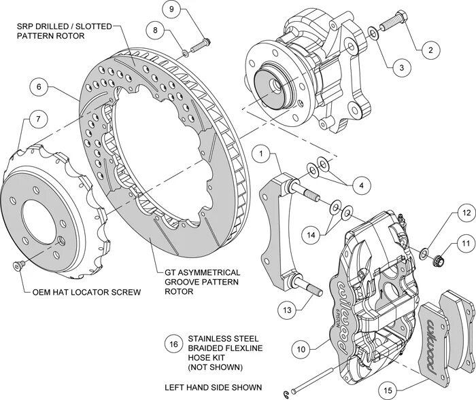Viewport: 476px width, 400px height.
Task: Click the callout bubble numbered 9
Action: coord(172,10)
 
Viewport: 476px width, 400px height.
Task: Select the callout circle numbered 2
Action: coord(428,48)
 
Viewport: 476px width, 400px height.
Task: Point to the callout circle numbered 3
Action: coord(401,67)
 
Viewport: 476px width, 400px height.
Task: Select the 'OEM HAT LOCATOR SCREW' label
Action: coord(86,293)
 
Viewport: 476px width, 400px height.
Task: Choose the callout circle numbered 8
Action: coord(156,31)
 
